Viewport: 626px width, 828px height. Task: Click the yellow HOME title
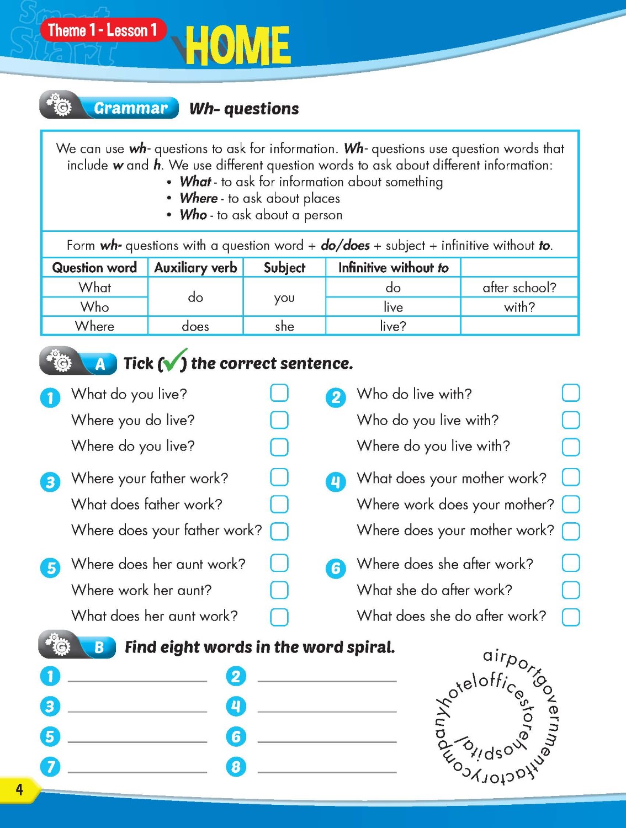(x=237, y=45)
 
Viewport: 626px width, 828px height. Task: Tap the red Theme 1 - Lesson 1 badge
(x=103, y=30)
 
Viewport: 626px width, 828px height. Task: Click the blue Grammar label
(x=130, y=108)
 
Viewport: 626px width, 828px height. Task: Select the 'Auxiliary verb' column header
(x=195, y=268)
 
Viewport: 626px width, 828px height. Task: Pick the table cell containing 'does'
(x=195, y=326)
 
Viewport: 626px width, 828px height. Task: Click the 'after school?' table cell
(x=519, y=287)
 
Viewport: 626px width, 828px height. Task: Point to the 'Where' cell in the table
(x=94, y=326)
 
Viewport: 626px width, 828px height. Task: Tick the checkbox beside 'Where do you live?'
(x=279, y=447)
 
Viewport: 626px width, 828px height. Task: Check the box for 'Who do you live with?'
(x=571, y=420)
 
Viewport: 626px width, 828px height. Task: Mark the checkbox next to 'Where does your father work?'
(x=279, y=531)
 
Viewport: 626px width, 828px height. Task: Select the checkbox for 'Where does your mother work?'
(x=571, y=531)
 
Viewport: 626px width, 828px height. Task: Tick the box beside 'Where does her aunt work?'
(x=279, y=563)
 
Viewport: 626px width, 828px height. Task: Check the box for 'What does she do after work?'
(x=571, y=617)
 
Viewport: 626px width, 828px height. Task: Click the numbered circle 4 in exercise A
(x=336, y=482)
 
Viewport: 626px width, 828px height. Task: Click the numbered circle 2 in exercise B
(x=236, y=676)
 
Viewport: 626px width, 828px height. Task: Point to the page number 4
(x=19, y=789)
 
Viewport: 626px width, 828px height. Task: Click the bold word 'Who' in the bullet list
(x=193, y=215)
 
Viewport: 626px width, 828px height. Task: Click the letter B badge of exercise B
(x=99, y=647)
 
